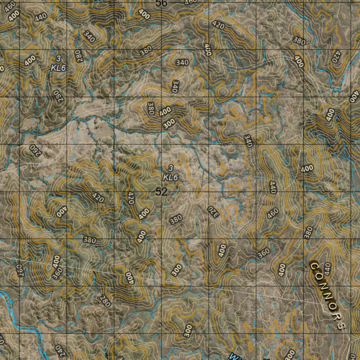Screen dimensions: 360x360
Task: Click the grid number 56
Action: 162,3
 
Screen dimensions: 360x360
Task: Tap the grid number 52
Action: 161,192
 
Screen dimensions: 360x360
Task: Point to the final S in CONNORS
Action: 340,326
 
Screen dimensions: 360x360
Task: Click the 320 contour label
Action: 212,212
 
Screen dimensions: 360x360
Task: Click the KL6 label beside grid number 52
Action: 171,177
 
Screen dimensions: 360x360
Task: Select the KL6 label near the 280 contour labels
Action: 58,68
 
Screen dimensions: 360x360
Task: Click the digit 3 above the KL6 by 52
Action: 171,168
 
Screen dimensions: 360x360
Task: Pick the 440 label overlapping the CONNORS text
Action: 327,269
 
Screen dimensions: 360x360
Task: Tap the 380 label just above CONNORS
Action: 309,233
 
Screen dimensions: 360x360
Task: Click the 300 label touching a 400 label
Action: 169,123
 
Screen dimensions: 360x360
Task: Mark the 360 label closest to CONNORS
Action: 264,253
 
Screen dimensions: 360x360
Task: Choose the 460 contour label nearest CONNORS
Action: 273,213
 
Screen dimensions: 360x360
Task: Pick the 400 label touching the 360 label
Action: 56,261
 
